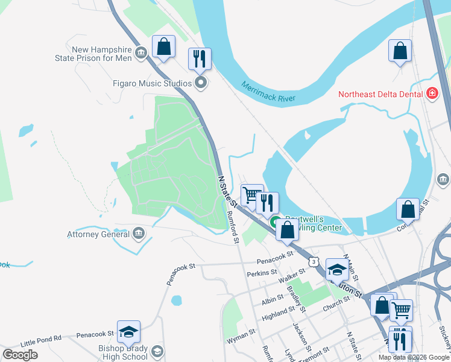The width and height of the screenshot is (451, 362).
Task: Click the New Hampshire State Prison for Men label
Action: (101, 54)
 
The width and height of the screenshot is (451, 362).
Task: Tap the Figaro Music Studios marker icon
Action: (201, 83)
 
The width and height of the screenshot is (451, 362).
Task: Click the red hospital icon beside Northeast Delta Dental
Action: (432, 94)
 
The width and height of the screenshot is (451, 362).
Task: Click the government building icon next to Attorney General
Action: (138, 233)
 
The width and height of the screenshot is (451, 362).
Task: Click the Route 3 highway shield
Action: (312, 261)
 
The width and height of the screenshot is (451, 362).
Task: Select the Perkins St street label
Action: (262, 273)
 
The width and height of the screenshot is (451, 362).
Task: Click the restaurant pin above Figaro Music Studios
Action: (200, 59)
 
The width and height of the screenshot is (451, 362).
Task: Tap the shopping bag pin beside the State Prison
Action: (163, 46)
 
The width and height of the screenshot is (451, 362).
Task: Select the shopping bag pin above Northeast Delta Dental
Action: (400, 51)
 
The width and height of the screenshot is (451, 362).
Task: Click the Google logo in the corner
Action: (20, 354)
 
